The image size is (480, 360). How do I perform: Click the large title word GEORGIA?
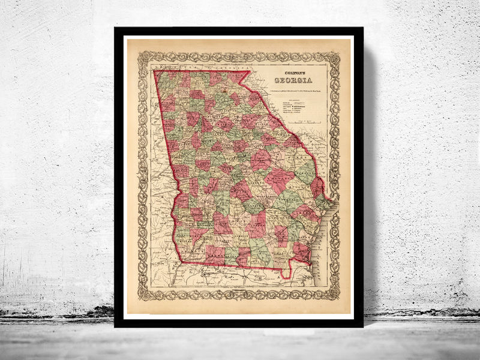coord(293,80)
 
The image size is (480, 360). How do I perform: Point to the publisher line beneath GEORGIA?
coord(294,90)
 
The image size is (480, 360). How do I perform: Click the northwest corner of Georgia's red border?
coord(155,71)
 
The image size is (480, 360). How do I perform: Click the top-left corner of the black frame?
coord(115,28)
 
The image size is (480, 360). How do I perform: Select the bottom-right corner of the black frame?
coord(363,326)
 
